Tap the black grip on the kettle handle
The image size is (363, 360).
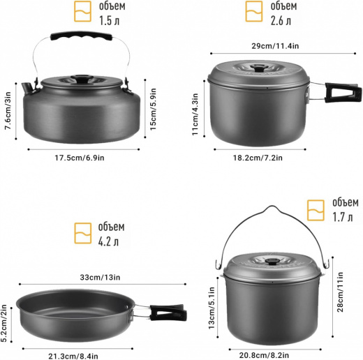(82, 36)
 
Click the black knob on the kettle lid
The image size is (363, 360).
(82, 78)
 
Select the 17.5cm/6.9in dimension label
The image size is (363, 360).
(80, 158)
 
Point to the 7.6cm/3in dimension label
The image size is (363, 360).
(8, 111)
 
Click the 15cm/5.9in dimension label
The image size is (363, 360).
(153, 110)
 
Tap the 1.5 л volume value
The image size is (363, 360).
(110, 21)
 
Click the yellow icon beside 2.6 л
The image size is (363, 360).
(254, 11)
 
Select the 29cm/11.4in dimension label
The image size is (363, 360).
(275, 46)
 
